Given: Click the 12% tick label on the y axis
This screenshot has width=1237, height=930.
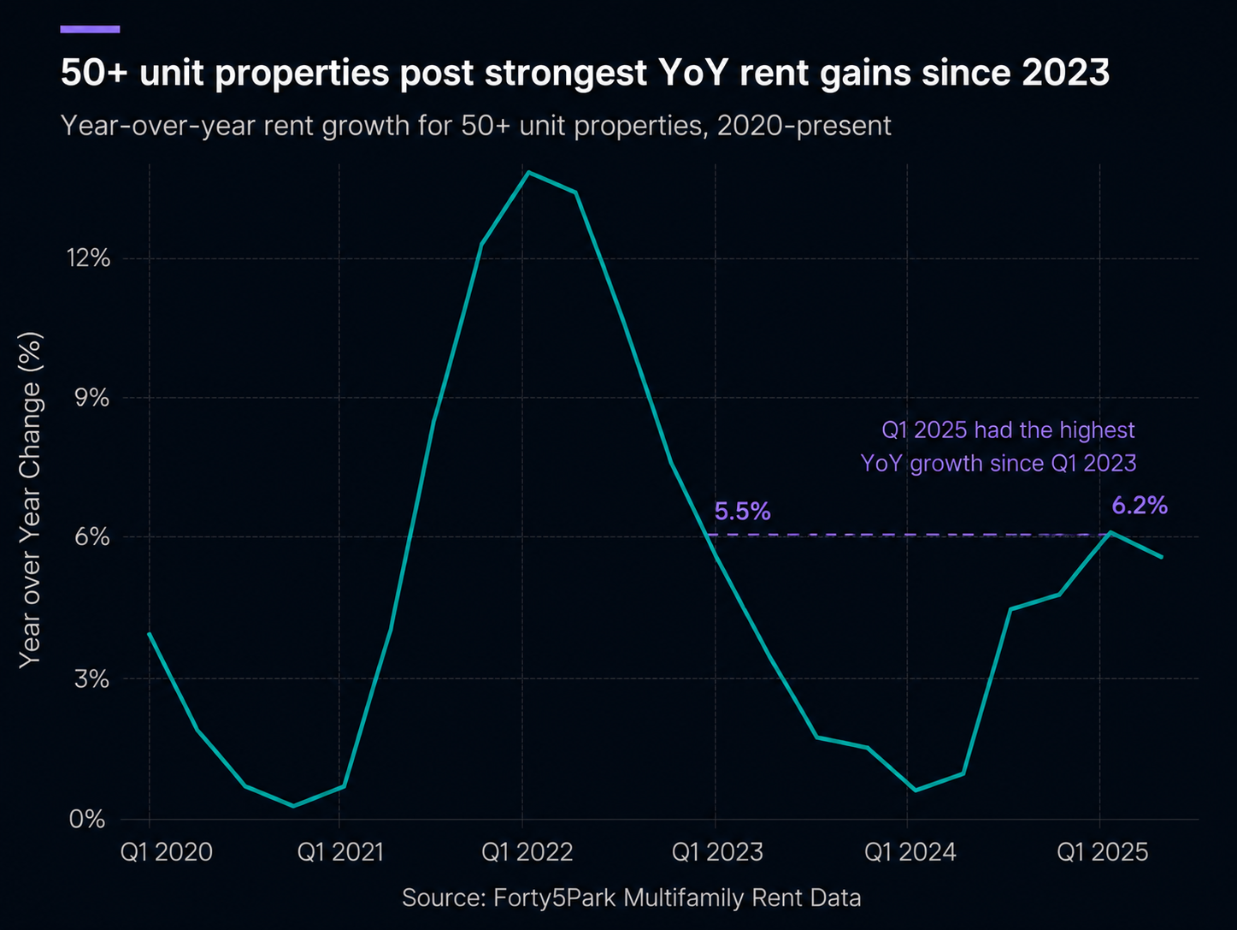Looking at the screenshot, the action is coord(88,258).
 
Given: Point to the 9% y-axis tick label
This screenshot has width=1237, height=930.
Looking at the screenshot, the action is coord(91,398).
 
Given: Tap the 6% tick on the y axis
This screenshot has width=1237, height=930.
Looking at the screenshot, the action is coord(91,536).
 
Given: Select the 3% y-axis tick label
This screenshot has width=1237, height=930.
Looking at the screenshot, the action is coord(91,678).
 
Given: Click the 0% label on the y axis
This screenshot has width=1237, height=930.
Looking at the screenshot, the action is coord(87,819).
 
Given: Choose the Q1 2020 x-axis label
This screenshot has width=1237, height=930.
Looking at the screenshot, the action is coord(166,852).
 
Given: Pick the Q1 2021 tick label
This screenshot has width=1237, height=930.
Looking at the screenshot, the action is coord(340,852).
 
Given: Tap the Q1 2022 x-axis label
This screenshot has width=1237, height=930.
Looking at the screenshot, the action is coord(527,852).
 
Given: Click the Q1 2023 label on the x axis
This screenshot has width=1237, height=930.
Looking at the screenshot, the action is coord(717,852).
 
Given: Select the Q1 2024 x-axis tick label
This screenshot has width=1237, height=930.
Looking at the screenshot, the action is coord(910,852).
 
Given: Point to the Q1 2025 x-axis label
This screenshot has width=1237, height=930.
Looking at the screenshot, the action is coord(1102,852).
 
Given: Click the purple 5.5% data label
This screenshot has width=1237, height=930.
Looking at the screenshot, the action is coord(742,512).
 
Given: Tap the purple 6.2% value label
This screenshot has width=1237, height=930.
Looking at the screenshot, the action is coord(1140,506).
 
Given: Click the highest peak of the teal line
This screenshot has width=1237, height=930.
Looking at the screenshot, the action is coord(528,172).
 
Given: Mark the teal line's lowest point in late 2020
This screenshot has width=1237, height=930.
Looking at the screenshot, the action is coord(293,806).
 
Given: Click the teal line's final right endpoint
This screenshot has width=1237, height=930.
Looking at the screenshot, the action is coord(1162,557).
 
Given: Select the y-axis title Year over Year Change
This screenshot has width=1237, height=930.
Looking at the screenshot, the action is coord(30,501).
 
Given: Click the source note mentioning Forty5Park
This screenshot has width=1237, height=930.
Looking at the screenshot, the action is coord(631,897).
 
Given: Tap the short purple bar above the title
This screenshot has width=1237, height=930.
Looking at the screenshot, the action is coord(90,29).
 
